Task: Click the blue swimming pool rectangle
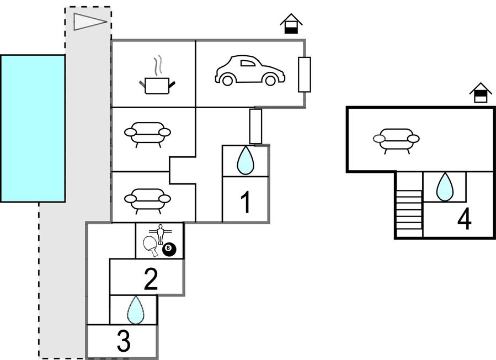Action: (33, 128)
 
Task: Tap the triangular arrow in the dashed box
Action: (89, 22)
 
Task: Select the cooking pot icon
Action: (157, 85)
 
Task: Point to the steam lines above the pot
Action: (158, 65)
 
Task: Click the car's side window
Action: (248, 63)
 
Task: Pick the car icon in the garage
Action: (249, 71)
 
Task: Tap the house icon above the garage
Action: (291, 24)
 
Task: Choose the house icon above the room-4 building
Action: (481, 93)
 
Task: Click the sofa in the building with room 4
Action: (396, 139)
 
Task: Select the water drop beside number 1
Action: (245, 161)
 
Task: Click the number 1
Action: (246, 203)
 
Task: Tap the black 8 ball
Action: (169, 250)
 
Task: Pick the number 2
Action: (151, 279)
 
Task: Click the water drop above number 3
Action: (135, 310)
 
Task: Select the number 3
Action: (124, 342)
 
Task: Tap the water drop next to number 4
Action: (445, 187)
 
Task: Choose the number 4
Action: (465, 219)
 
